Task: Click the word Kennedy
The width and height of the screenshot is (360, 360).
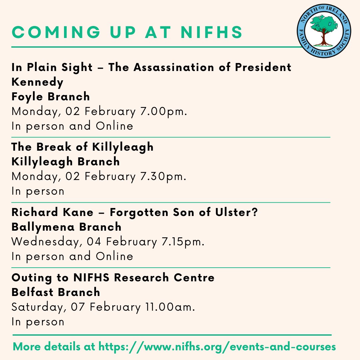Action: (x=37, y=82)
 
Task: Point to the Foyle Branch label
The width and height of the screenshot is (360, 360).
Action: (x=51, y=97)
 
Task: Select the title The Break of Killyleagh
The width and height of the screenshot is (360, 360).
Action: (x=83, y=147)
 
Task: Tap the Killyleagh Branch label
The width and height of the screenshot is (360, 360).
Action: (x=66, y=162)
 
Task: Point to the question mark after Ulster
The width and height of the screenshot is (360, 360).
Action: (x=255, y=212)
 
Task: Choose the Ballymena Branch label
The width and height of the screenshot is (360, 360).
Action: (x=66, y=227)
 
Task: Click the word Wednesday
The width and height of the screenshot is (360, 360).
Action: (x=46, y=242)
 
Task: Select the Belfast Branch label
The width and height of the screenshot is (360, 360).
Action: (x=56, y=292)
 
